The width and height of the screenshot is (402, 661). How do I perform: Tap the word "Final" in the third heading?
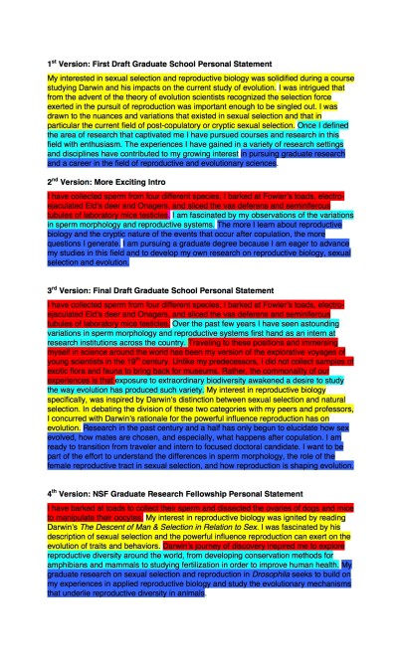[95, 289]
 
